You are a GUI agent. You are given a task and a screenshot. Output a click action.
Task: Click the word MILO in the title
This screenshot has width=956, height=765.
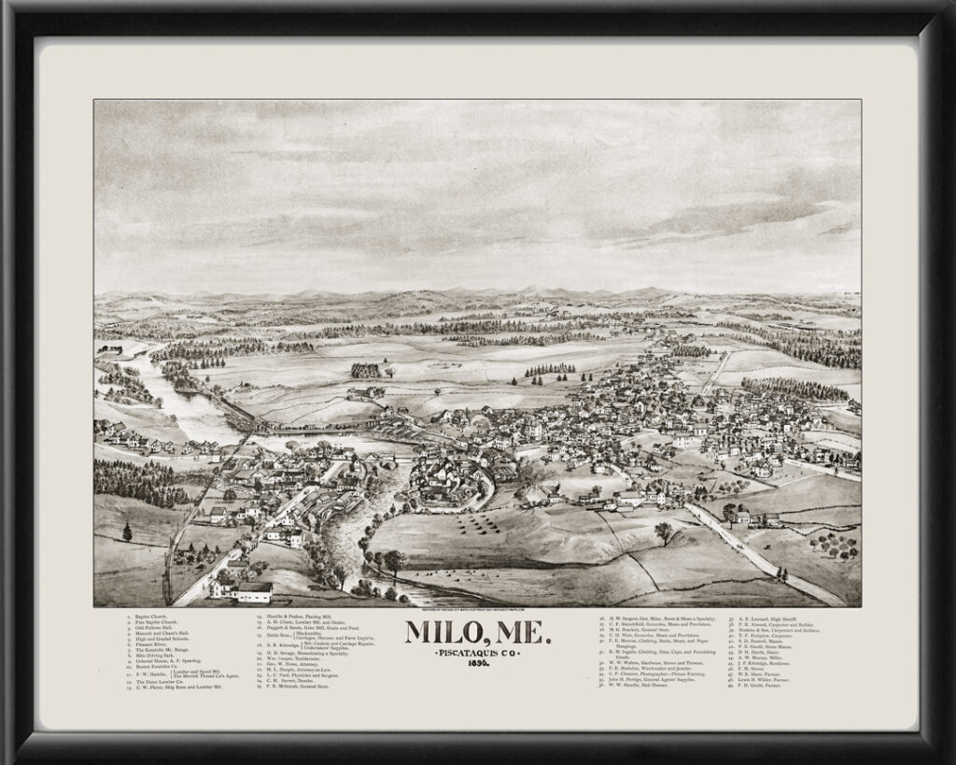tap(442, 633)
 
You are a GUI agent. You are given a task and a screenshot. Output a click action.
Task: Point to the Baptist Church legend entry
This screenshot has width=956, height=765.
tap(149, 616)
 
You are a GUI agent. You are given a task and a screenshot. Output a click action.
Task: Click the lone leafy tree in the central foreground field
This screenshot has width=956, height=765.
tap(664, 531)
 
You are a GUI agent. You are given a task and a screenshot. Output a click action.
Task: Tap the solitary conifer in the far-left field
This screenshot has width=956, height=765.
tap(127, 531)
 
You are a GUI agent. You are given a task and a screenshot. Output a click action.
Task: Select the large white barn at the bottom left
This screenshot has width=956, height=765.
tap(254, 592)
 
